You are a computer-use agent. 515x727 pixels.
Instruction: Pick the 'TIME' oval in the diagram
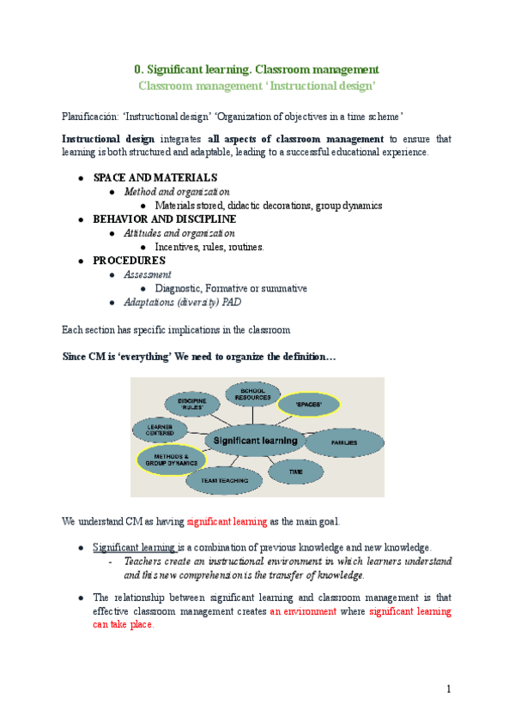tap(296, 470)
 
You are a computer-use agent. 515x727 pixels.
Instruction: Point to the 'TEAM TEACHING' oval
tap(223, 480)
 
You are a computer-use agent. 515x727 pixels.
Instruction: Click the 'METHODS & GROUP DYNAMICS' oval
tap(171, 460)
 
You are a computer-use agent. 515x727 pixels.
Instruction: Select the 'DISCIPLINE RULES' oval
tap(192, 405)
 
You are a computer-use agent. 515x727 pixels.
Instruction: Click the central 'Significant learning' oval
tap(255, 441)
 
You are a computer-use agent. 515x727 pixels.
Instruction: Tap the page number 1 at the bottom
tap(448, 688)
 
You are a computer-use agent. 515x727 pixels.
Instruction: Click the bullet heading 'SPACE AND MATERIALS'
tap(154, 177)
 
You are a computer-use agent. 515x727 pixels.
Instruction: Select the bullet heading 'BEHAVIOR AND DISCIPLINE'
tap(164, 219)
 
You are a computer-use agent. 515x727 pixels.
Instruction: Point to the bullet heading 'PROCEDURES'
tap(129, 260)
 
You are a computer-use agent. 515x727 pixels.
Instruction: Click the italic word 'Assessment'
tap(148, 274)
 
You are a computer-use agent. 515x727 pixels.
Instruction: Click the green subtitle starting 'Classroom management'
tap(257, 86)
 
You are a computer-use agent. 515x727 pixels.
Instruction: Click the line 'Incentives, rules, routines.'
tap(209, 247)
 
